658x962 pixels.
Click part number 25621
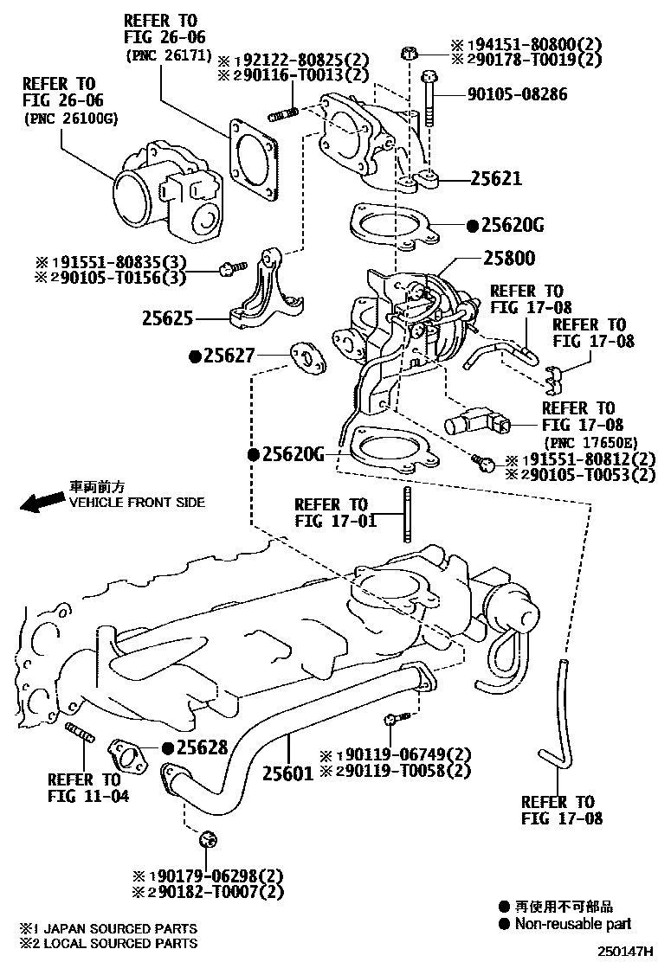pyautogui.click(x=496, y=179)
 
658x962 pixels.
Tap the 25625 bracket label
pyautogui.click(x=168, y=318)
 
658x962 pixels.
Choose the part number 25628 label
pyautogui.click(x=202, y=747)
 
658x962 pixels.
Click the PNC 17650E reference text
pyautogui.click(x=578, y=443)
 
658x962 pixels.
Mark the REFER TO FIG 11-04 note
pyautogui.click(x=84, y=787)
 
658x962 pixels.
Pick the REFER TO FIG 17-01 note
pyautogui.click(x=331, y=513)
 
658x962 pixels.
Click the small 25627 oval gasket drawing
pyautogui.click(x=307, y=358)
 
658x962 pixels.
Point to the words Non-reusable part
pyautogui.click(x=573, y=924)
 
